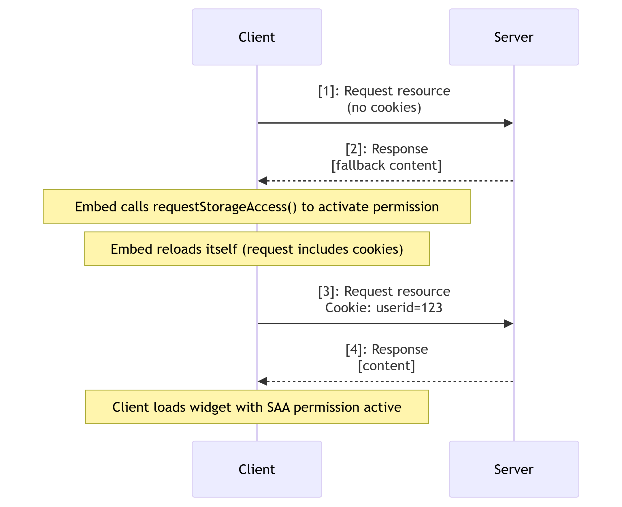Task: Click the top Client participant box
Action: tap(257, 37)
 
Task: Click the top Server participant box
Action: tap(513, 37)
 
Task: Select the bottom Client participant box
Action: tap(257, 469)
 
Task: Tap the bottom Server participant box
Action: tap(513, 469)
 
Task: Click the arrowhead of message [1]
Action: tap(508, 123)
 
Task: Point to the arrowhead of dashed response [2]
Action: tap(263, 181)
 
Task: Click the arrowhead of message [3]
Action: tap(508, 323)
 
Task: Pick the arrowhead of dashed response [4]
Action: tap(263, 381)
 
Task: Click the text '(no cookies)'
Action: tap(384, 108)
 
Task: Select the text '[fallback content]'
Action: tap(386, 165)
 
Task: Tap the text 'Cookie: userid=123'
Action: tap(384, 307)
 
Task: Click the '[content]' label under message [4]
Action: tap(386, 366)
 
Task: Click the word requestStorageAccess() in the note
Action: tap(225, 207)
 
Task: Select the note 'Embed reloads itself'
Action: tap(257, 249)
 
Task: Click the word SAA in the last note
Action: tap(278, 407)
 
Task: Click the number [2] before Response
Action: tap(354, 149)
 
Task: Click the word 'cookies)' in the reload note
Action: tap(378, 249)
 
